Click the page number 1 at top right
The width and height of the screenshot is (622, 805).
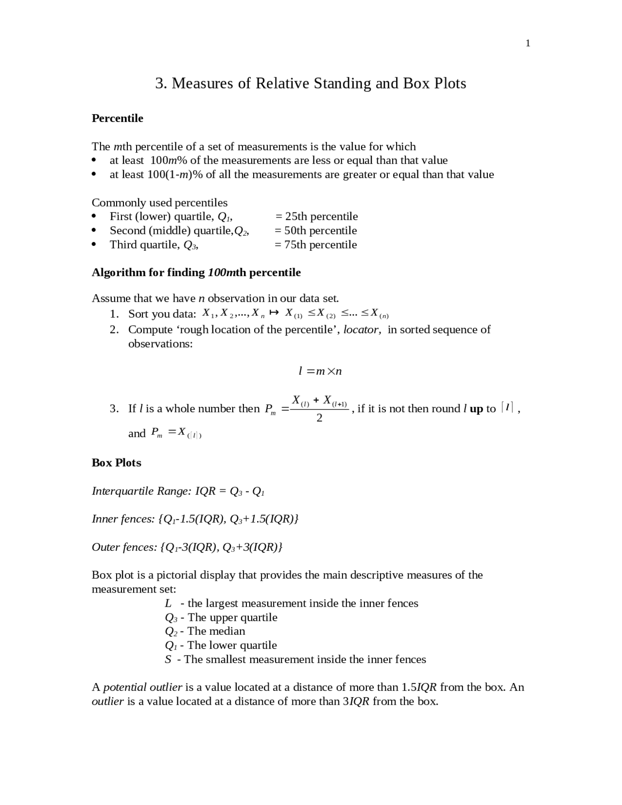tap(528, 44)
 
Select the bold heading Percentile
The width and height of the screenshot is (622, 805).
tap(117, 118)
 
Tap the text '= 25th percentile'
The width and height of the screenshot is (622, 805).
tap(316, 216)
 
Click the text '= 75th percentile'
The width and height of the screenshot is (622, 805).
tap(315, 245)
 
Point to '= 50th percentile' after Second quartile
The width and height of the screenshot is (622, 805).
tap(315, 230)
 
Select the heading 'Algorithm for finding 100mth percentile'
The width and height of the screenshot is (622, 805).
tap(196, 272)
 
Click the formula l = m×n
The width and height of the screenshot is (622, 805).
tap(320, 371)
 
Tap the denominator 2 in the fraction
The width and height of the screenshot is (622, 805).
tap(319, 418)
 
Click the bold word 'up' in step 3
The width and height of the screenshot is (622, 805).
tap(476, 409)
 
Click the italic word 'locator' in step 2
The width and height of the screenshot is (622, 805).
tap(361, 330)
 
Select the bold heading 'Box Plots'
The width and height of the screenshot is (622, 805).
tap(117, 463)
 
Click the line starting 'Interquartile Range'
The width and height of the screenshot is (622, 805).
tap(178, 491)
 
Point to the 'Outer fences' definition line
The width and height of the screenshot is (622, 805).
tap(187, 547)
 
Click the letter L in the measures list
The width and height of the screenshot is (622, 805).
tap(168, 603)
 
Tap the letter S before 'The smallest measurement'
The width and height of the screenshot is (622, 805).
tap(168, 660)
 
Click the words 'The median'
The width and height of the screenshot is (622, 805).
tap(216, 631)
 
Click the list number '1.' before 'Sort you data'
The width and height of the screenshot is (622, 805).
tap(114, 314)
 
